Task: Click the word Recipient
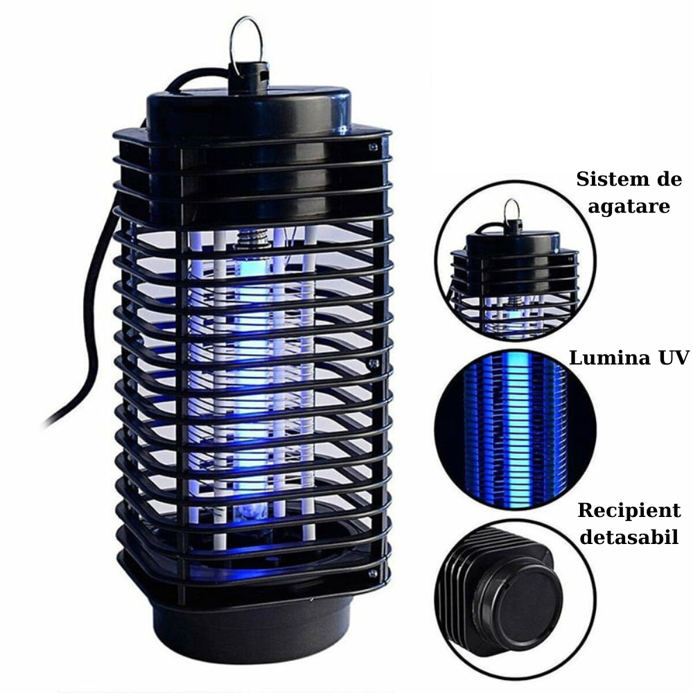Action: [x=629, y=511]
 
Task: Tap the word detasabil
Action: [x=629, y=538]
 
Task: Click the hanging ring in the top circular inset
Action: [x=511, y=209]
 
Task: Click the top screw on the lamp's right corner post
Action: [x=374, y=147]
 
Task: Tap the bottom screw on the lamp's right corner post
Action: [x=374, y=573]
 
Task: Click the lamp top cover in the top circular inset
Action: [x=512, y=243]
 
